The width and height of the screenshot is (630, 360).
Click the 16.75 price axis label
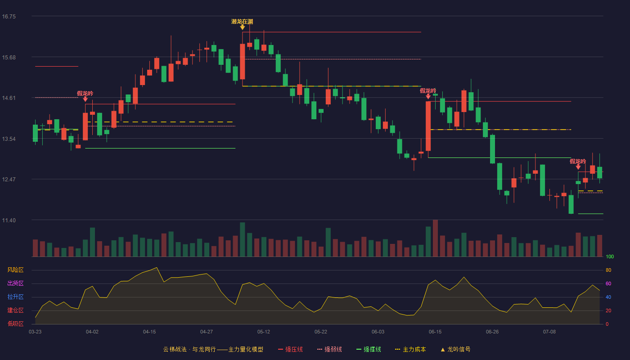point(9,17)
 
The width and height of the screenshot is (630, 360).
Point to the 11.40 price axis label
point(9,220)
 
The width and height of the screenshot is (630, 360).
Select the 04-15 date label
point(149,332)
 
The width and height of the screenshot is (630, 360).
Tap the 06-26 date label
point(492,332)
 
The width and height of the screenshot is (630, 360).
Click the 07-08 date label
point(549,332)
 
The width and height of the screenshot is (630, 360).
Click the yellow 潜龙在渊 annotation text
point(242,22)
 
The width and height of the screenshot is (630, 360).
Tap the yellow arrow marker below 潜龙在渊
point(242,27)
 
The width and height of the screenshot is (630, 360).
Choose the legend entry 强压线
point(290,349)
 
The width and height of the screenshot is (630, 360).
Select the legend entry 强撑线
point(369,349)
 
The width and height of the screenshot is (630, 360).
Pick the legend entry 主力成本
point(410,349)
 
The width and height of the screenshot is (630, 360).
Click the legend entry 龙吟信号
point(455,349)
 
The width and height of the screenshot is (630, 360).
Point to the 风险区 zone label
point(15,270)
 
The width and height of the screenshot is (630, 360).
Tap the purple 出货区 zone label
point(15,283)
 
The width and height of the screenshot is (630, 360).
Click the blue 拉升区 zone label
point(15,297)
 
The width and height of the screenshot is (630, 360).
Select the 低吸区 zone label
point(15,324)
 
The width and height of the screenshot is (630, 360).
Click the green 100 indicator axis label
point(610,256)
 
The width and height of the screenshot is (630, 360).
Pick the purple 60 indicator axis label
point(608,283)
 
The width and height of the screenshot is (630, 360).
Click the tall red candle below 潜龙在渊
point(243,61)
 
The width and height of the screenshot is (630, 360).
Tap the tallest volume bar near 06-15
point(435,238)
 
